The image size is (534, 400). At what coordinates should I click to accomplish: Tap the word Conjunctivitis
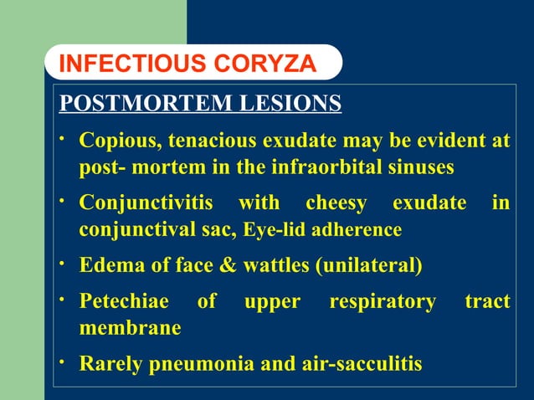pyautogui.click(x=146, y=203)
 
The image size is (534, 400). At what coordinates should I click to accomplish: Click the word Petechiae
pyautogui.click(x=123, y=301)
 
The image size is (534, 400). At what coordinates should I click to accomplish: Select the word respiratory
pyautogui.click(x=383, y=301)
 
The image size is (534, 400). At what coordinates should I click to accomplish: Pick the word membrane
pyautogui.click(x=130, y=328)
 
